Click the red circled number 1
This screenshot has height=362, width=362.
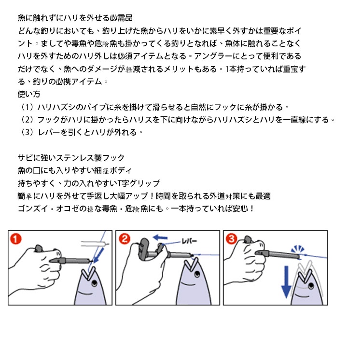pyautogui.click(x=16, y=239)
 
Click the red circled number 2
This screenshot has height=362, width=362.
pyautogui.click(x=125, y=239)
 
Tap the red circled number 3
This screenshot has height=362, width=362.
pyautogui.click(x=232, y=239)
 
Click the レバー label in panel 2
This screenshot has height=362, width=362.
pyautogui.click(x=189, y=241)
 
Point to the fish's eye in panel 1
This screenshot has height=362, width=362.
pyautogui.click(x=95, y=282)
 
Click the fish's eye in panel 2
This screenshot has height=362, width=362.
pyautogui.click(x=197, y=274)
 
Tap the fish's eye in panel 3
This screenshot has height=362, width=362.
pyautogui.click(x=311, y=286)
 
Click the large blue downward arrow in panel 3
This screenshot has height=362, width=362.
pyautogui.click(x=286, y=282)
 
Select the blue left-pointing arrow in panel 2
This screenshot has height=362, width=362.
pyautogui.click(x=160, y=237)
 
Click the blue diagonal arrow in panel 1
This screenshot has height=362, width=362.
pyautogui.click(x=99, y=255)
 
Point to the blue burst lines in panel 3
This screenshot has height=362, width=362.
pyautogui.click(x=298, y=249)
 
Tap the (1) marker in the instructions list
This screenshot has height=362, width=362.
pyautogui.click(x=28, y=107)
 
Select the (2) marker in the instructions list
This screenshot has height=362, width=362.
pyautogui.click(x=28, y=120)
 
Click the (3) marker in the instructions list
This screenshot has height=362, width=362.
pyautogui.click(x=28, y=132)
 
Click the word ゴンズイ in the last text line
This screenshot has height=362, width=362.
pyautogui.click(x=33, y=209)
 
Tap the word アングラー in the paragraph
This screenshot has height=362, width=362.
pyautogui.click(x=213, y=56)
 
